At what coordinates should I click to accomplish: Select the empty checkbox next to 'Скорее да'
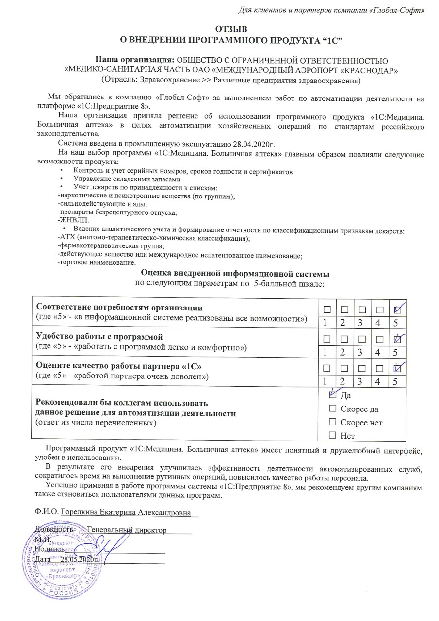coord(333,409)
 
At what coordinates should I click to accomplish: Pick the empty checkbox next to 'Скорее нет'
coord(333,423)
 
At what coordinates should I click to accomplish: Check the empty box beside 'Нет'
coord(333,436)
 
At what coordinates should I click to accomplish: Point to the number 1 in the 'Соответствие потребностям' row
coord(327,323)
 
